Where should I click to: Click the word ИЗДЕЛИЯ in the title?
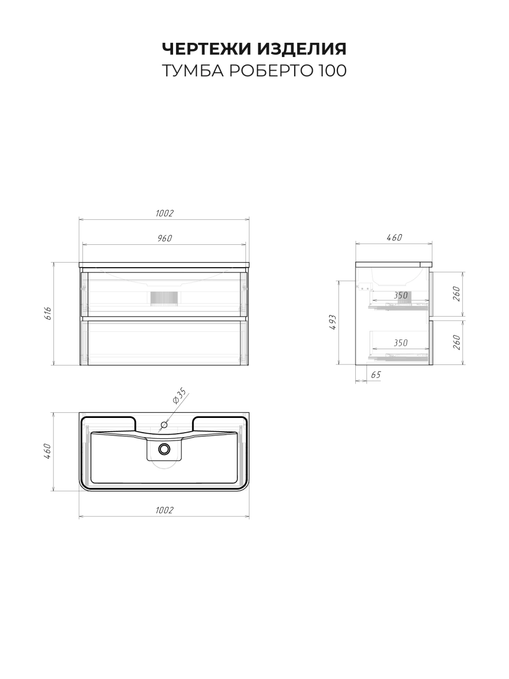(302, 49)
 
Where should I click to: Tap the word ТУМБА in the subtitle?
(192, 71)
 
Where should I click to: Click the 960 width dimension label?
(164, 238)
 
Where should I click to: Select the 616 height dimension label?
(48, 314)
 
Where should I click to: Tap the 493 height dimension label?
(333, 322)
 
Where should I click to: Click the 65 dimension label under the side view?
(376, 375)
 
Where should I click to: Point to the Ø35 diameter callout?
(180, 395)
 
